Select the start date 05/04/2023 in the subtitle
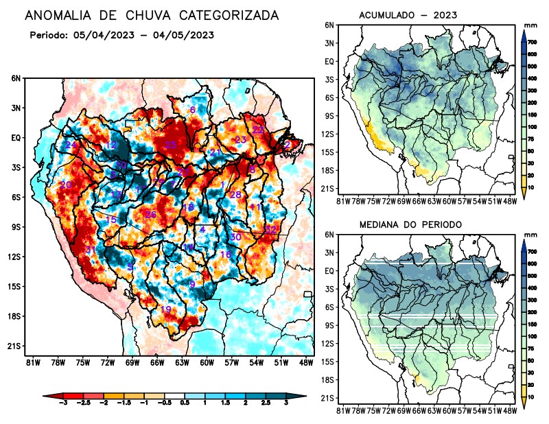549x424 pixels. pos(93,35)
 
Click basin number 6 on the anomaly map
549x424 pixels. pos(193,110)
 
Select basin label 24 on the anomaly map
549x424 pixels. pos(71,145)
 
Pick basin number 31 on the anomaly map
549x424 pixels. pos(89,250)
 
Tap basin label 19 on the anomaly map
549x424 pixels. pos(165,309)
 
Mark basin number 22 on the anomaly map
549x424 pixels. pos(258,129)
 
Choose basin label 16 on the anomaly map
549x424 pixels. pos(225,255)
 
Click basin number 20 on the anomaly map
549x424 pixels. pos(66,185)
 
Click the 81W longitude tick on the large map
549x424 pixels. pos(32,362)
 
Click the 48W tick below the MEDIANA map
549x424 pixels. pos(509,412)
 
